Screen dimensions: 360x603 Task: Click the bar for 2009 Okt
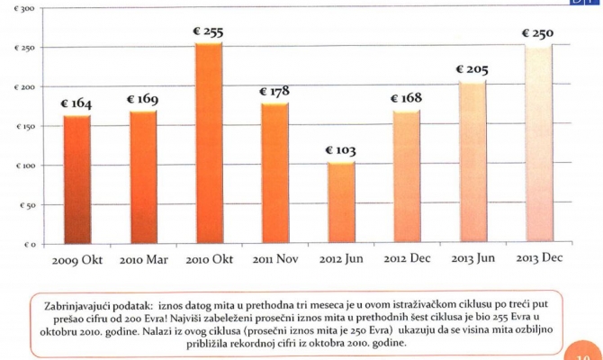pyautogui.click(x=76, y=180)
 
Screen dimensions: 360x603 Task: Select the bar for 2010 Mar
pyautogui.click(x=142, y=177)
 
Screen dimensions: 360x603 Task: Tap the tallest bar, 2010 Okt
pyautogui.click(x=208, y=144)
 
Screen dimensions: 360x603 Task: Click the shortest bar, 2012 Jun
pyautogui.click(x=340, y=203)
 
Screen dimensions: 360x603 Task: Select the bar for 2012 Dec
pyautogui.click(x=406, y=177)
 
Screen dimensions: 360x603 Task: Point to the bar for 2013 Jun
pyautogui.click(x=472, y=163)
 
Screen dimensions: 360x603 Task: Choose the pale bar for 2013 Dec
pyautogui.click(x=537, y=145)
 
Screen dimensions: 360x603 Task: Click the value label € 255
pyautogui.click(x=208, y=32)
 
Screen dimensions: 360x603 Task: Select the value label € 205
pyautogui.click(x=472, y=70)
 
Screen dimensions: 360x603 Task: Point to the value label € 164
pyautogui.click(x=76, y=104)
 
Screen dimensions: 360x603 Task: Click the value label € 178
pyautogui.click(x=274, y=92)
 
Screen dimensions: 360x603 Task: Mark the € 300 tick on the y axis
pyautogui.click(x=23, y=8)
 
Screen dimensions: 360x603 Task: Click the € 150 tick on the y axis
pyautogui.click(x=23, y=127)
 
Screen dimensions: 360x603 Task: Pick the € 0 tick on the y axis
pyautogui.click(x=26, y=244)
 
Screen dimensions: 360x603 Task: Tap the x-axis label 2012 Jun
pyautogui.click(x=340, y=260)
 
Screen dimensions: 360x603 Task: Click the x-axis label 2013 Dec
pyautogui.click(x=538, y=260)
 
